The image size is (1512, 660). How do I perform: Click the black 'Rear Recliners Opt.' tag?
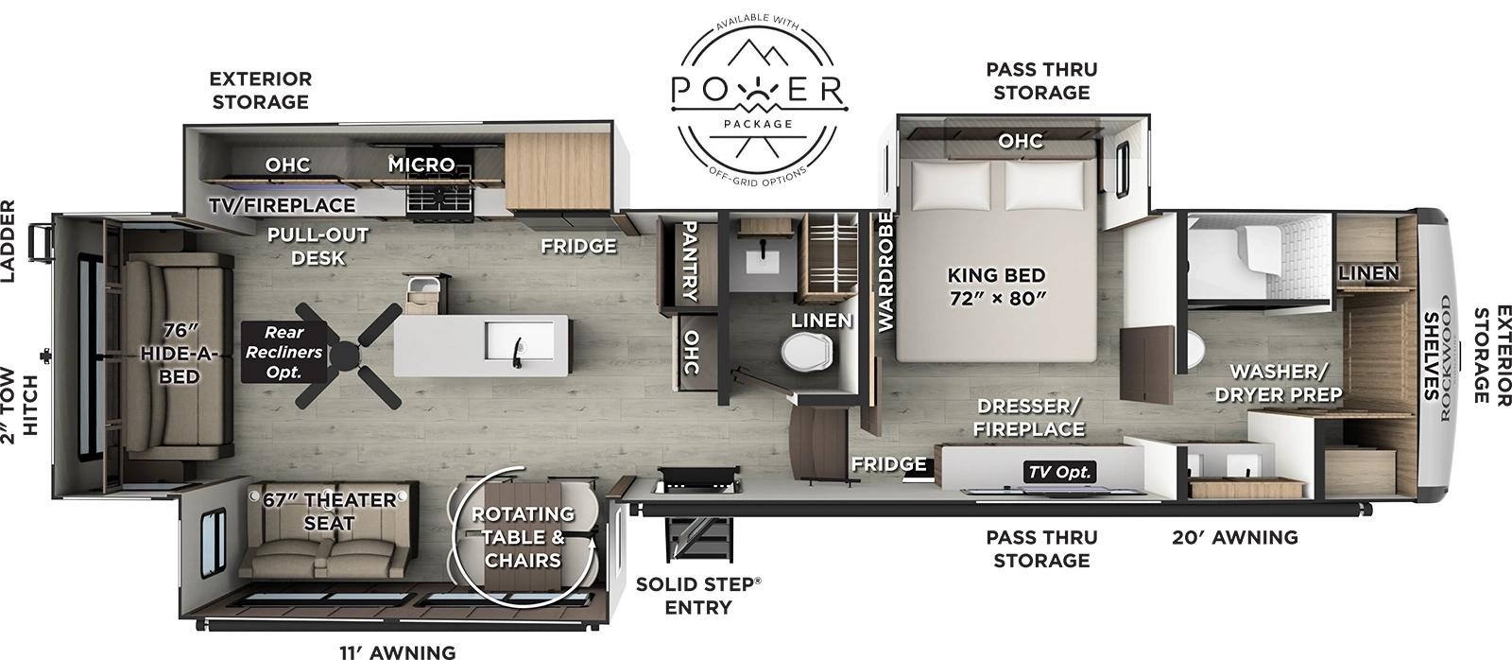[283, 352]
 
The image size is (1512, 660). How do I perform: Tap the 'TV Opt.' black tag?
[1059, 472]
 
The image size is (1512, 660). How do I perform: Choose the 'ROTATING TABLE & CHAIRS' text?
[523, 536]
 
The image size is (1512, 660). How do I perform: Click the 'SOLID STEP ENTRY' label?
[697, 596]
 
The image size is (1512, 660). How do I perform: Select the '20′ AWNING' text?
[1234, 537]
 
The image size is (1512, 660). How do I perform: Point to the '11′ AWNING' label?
[397, 651]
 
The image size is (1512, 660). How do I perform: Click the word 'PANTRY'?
[689, 261]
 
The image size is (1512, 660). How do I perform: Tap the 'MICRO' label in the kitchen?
[421, 165]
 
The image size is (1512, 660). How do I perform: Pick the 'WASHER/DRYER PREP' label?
[1279, 382]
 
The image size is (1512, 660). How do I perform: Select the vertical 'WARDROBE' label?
[885, 271]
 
